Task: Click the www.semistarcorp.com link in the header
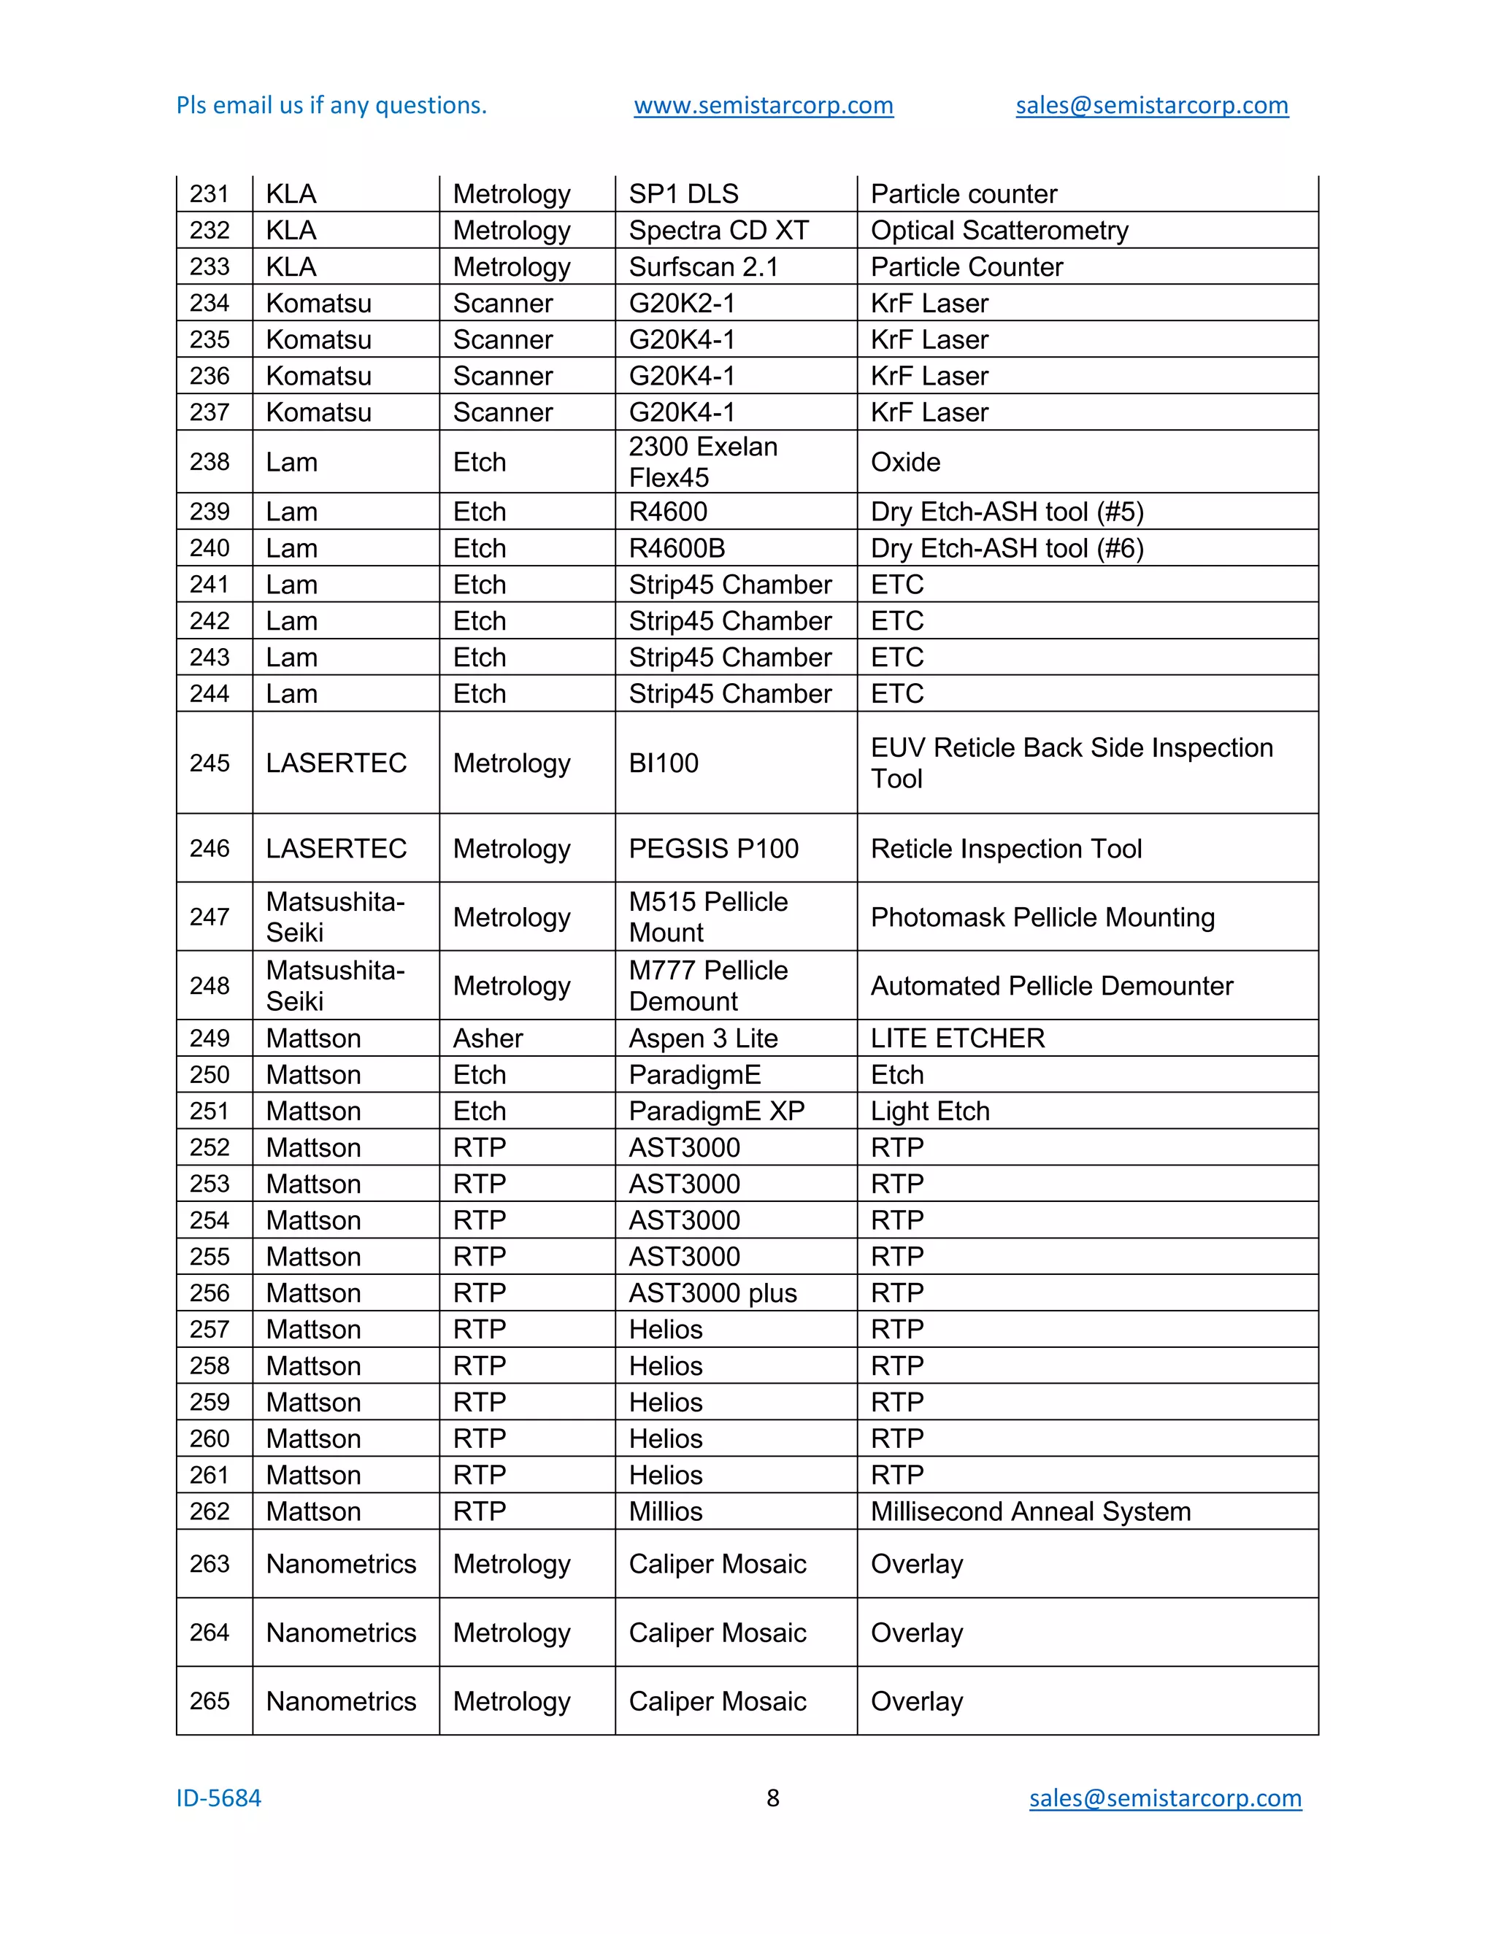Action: coord(764,105)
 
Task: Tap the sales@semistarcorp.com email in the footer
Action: coord(1164,1798)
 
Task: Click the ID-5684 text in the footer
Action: coord(219,1798)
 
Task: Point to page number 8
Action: coord(772,1798)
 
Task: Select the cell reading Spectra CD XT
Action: coord(718,230)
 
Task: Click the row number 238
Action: coord(210,461)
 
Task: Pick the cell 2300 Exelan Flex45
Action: coord(703,461)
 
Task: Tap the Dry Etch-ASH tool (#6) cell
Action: coord(1007,548)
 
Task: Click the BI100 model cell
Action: coord(664,763)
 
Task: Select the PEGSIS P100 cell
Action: coord(713,848)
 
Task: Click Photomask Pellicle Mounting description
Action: coord(1042,917)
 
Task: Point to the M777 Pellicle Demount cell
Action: coord(707,985)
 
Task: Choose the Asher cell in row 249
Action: coord(488,1038)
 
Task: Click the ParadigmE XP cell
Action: coord(717,1111)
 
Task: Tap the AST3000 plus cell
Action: coord(712,1293)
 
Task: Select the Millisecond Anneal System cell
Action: coord(1030,1511)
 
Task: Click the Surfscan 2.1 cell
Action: coord(703,266)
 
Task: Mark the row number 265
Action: coord(210,1700)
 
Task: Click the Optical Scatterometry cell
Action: coord(999,230)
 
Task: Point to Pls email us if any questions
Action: coord(331,105)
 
